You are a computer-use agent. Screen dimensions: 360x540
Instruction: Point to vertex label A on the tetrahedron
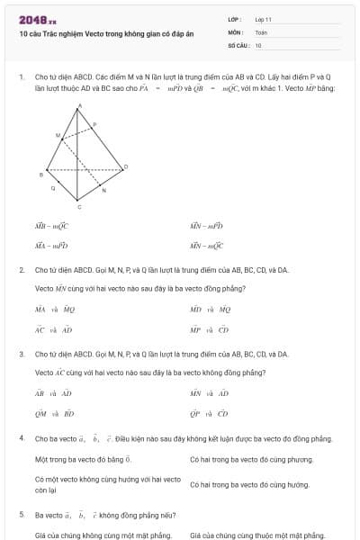tap(78, 105)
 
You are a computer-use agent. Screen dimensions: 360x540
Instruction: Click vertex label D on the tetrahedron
tap(125, 166)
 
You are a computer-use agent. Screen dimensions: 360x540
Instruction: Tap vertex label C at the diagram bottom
tap(78, 207)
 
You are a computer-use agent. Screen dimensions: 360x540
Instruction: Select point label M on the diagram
tap(59, 135)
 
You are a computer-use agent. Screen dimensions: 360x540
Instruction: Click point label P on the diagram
tap(94, 125)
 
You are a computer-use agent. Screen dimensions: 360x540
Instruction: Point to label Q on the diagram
tap(53, 188)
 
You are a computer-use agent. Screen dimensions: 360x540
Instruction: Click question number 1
tap(21, 78)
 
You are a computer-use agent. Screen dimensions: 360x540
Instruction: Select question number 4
tap(21, 438)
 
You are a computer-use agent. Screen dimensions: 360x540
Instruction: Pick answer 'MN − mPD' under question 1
tap(206, 226)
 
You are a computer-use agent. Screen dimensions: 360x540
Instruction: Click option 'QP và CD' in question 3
tap(209, 414)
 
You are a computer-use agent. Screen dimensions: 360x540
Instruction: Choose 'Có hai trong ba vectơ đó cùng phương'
tap(243, 459)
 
